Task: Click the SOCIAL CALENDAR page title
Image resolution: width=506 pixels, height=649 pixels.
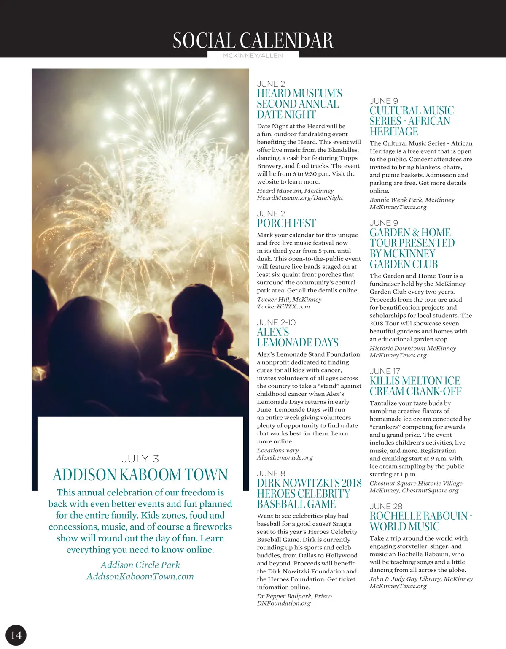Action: (x=253, y=41)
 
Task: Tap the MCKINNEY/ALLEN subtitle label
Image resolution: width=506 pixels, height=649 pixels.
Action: (x=253, y=55)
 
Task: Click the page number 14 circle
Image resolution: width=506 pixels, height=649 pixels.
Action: (x=16, y=635)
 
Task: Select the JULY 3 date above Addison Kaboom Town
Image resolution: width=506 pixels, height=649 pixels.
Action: (x=140, y=459)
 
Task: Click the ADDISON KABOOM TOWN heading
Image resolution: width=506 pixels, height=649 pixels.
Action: (x=140, y=475)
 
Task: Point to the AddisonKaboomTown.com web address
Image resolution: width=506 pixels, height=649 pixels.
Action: (x=140, y=576)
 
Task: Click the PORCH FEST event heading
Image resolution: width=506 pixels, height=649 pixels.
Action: (x=286, y=223)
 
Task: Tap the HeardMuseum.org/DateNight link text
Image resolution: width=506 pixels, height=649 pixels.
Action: (x=300, y=198)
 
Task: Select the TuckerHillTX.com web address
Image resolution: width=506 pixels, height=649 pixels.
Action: (x=283, y=307)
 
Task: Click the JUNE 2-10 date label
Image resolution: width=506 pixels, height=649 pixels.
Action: (x=276, y=322)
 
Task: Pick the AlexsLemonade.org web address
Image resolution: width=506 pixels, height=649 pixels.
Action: (x=285, y=457)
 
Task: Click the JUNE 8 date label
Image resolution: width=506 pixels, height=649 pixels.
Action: (x=271, y=473)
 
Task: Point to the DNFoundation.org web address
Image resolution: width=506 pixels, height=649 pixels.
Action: (x=284, y=603)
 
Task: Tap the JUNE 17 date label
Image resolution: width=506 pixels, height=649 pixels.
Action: (x=385, y=371)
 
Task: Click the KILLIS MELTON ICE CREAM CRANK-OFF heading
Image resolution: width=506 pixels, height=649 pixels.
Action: (x=415, y=386)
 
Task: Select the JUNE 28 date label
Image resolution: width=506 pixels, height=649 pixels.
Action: (x=386, y=506)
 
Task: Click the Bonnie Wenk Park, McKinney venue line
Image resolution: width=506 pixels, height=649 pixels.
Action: (x=412, y=200)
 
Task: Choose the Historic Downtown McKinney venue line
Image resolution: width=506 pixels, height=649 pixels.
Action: (x=413, y=349)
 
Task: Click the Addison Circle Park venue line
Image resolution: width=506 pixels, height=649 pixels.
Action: (x=140, y=565)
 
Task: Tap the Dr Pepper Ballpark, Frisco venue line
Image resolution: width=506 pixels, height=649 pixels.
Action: (x=294, y=596)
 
